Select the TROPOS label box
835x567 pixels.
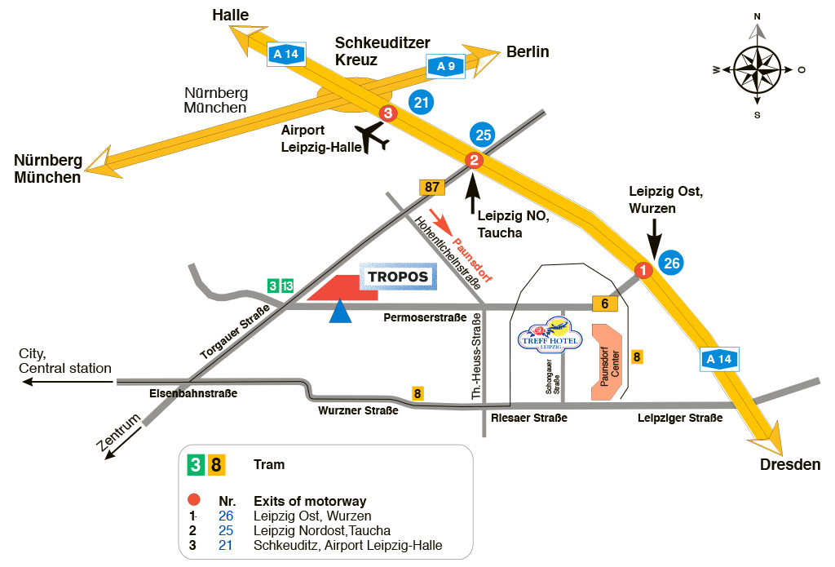(x=398, y=277)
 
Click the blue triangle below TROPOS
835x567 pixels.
(x=341, y=312)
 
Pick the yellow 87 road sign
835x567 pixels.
(x=432, y=187)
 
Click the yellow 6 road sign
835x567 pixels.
(x=604, y=303)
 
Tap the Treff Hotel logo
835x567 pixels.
(x=550, y=335)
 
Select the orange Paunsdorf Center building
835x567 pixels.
(x=607, y=362)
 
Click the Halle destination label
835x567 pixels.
(x=230, y=15)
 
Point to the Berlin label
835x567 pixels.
(x=528, y=51)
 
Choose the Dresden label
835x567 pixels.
(x=789, y=464)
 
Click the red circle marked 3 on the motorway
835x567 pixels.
(x=388, y=114)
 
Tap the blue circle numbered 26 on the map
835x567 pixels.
(x=671, y=263)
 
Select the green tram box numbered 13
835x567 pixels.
(x=287, y=286)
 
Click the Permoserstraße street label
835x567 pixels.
(x=425, y=317)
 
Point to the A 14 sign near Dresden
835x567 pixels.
(x=719, y=359)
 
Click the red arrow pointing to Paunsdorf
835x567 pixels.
(x=439, y=222)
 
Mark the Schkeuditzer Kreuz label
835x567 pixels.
(x=382, y=51)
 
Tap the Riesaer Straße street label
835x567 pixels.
(x=529, y=418)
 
